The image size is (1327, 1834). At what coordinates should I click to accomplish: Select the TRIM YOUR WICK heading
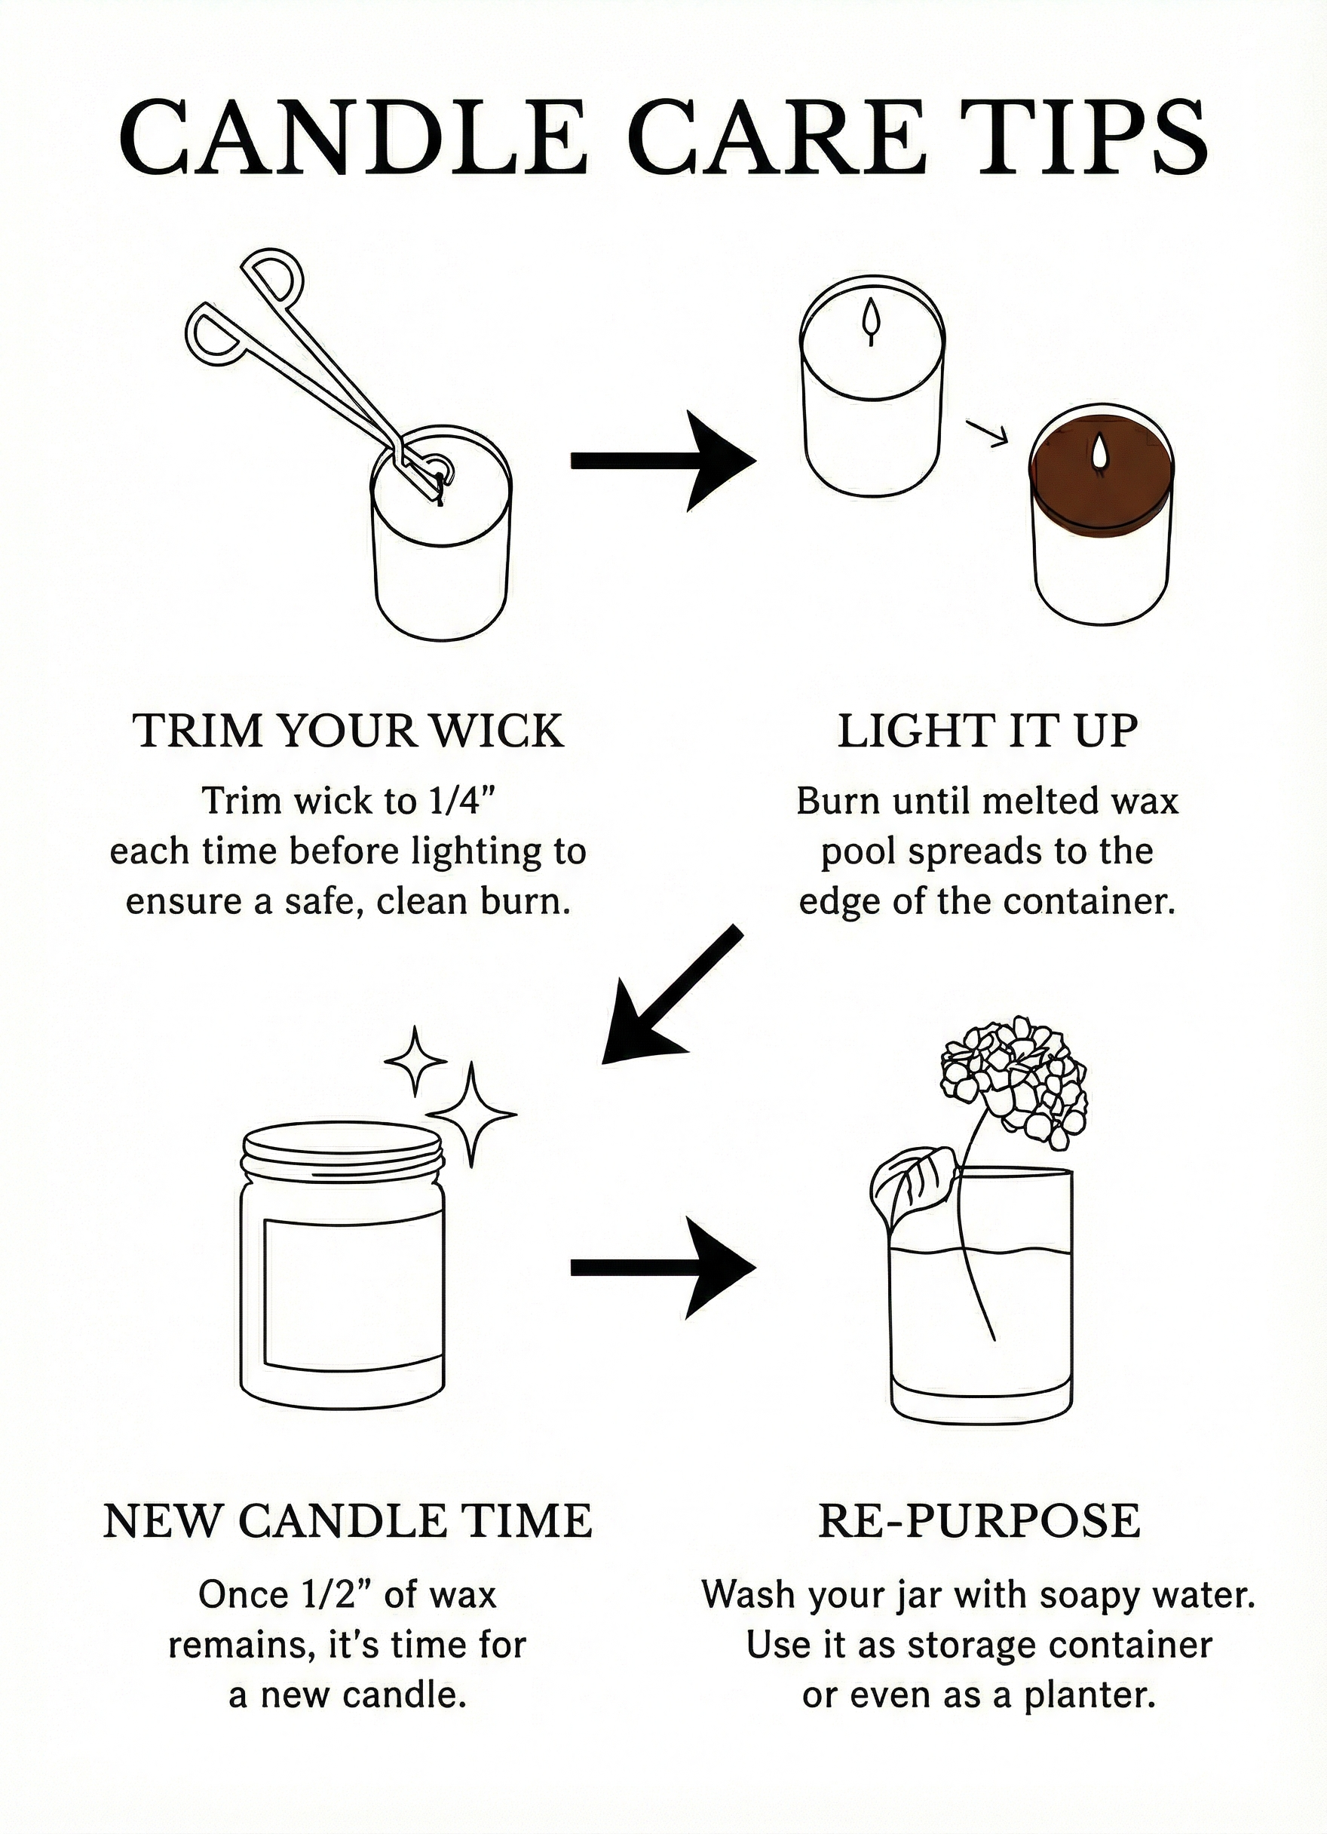pyautogui.click(x=348, y=731)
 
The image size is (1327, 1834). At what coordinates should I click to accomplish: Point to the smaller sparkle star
pyautogui.click(x=415, y=1060)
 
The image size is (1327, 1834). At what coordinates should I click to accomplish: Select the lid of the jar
pyautogui.click(x=343, y=1149)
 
